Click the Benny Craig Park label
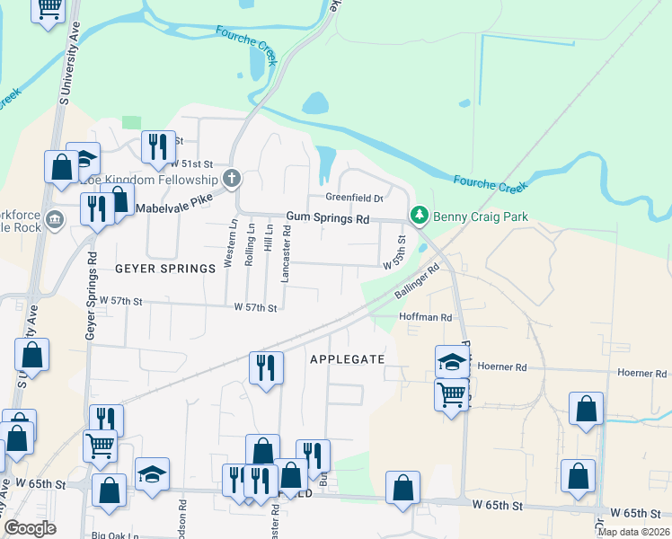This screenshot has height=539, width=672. [x=481, y=216]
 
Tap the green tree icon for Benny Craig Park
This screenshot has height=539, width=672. [x=418, y=216]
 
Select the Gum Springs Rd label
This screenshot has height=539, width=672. [x=328, y=218]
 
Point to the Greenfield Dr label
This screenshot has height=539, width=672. [x=354, y=198]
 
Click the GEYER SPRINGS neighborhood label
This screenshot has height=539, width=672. [x=165, y=269]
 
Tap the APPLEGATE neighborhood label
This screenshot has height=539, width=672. [x=347, y=359]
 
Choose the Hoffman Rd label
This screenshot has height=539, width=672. [x=425, y=317]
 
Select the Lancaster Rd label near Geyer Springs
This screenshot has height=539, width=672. [x=286, y=254]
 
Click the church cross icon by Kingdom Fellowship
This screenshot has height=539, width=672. [x=232, y=178]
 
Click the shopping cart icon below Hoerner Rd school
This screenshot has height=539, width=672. [x=451, y=393]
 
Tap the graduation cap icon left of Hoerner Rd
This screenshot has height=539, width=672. [x=451, y=361]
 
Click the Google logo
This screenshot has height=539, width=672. [x=31, y=527]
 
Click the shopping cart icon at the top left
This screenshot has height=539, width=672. [x=49, y=8]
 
